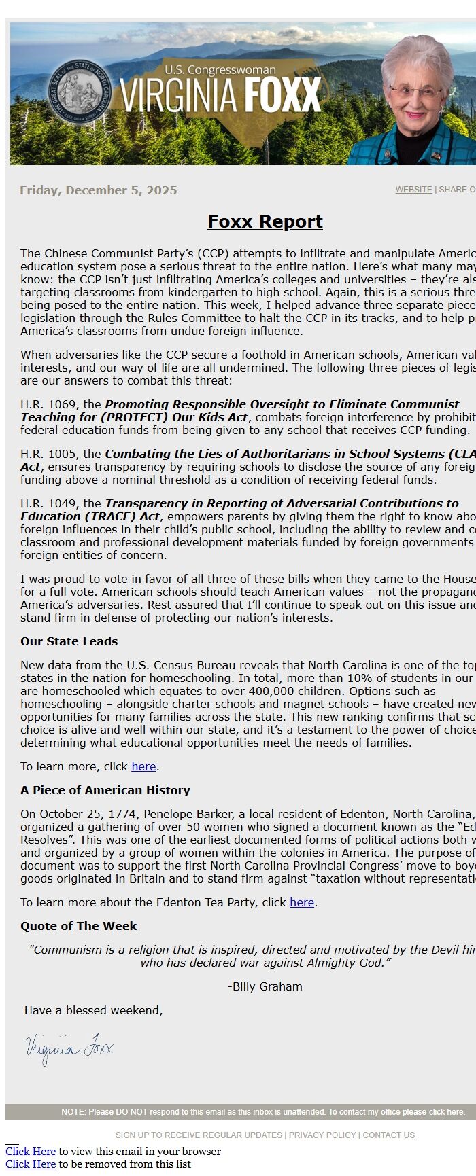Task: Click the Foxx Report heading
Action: click(265, 221)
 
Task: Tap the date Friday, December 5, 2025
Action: click(99, 190)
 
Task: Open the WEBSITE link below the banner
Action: click(413, 190)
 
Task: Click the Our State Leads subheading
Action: click(69, 641)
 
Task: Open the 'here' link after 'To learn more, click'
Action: click(143, 766)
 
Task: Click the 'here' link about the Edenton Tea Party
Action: click(302, 902)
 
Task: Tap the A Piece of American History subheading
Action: click(105, 790)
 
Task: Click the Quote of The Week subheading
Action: click(78, 926)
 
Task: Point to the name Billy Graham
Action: click(267, 986)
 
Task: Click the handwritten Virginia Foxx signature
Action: click(69, 1048)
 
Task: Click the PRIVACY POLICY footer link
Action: click(322, 1135)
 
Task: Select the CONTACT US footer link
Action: click(388, 1135)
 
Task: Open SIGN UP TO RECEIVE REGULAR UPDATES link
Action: click(199, 1135)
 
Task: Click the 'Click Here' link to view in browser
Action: click(31, 1151)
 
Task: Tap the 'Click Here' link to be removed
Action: click(31, 1164)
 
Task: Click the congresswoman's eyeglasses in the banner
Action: click(415, 89)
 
